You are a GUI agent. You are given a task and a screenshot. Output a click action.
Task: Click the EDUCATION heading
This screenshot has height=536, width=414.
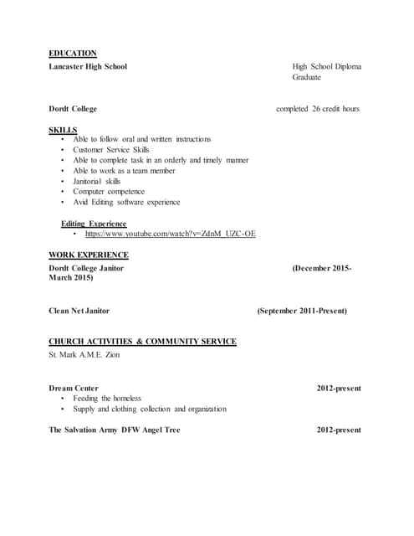[73, 54]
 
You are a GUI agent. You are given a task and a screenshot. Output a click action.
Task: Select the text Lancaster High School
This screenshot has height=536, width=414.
[88, 66]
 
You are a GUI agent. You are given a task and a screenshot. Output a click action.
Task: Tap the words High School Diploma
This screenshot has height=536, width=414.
[326, 66]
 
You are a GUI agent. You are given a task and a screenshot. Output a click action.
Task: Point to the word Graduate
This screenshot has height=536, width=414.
[307, 77]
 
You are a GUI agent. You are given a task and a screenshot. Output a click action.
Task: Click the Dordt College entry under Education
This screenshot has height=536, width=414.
[73, 109]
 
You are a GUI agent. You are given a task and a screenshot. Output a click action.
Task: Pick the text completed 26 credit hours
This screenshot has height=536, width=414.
[318, 109]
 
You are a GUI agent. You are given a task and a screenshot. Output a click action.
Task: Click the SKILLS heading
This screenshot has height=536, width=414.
[63, 130]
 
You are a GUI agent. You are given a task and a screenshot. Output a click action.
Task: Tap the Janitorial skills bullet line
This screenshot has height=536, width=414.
[97, 181]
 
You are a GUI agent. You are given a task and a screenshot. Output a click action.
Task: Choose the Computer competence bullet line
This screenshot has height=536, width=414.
[108, 192]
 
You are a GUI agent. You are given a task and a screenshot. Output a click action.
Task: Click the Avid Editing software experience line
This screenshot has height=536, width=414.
[126, 202]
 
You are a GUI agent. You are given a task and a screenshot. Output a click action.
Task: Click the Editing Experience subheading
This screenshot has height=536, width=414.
[94, 224]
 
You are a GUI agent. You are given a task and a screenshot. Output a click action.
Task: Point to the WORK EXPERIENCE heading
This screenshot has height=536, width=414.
[89, 255]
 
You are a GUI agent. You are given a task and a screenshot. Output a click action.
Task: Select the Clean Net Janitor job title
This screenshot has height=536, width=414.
[79, 311]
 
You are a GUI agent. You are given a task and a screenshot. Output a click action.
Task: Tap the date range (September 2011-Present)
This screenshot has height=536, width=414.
[302, 311]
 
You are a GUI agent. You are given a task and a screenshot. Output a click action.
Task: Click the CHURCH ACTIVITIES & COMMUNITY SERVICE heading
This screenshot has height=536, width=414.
[142, 342]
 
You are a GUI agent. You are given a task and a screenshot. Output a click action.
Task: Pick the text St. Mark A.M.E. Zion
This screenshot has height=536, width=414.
[84, 354]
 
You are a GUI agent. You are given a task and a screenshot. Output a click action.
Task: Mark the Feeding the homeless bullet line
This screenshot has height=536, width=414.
[107, 399]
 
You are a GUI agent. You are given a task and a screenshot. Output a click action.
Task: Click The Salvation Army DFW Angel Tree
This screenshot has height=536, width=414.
[115, 430]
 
